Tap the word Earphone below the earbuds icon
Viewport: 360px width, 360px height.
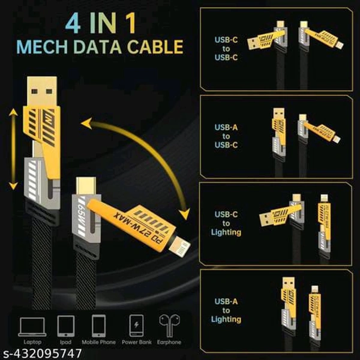tap(170, 343)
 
